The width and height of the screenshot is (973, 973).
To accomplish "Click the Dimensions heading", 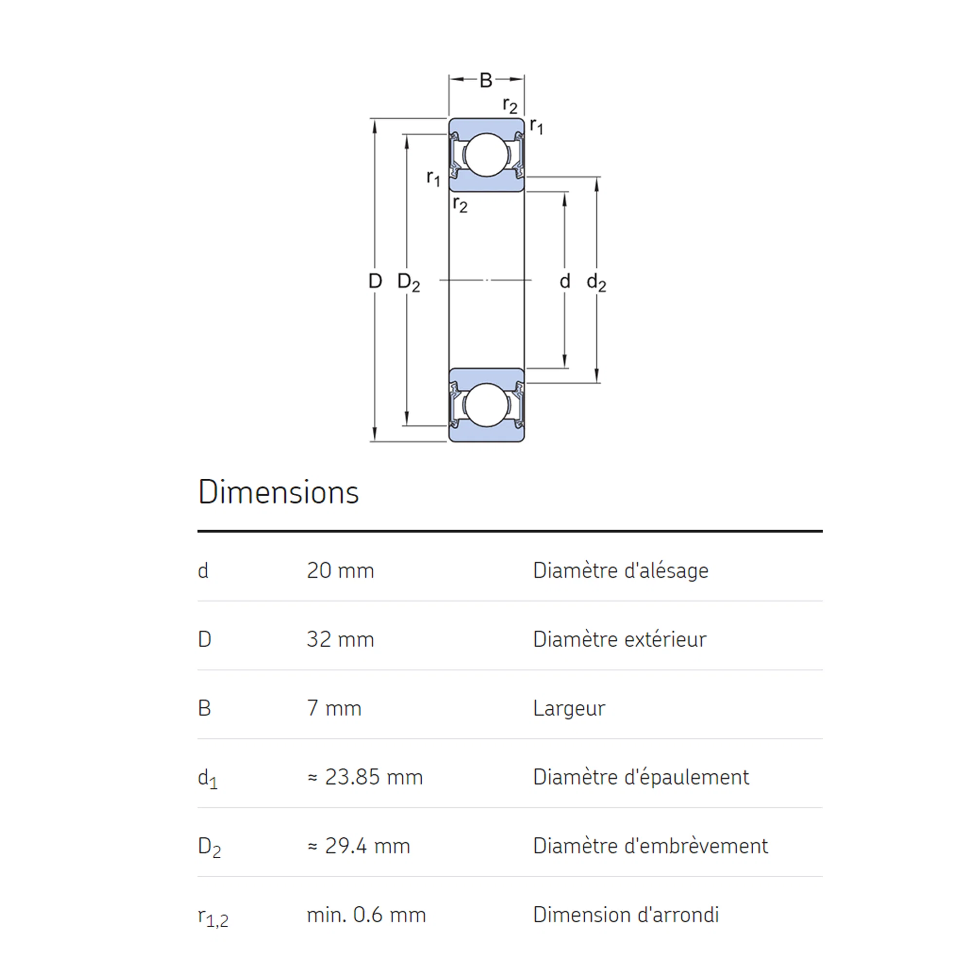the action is pos(278,492).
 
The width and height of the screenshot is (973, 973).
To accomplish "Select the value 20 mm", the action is pos(341,571).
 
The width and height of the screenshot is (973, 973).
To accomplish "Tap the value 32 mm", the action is pos(341,640).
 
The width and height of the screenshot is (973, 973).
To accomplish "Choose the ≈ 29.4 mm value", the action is pos(359,846).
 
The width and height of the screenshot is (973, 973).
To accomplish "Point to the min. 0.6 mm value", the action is pos(366,915).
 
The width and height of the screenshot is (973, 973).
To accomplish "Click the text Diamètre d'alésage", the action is pos(621,571).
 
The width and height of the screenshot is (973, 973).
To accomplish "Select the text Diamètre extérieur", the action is pos(620,640).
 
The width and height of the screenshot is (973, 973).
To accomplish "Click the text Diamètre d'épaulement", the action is pos(641,777).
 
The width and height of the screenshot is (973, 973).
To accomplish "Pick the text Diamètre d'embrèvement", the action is pos(650,846).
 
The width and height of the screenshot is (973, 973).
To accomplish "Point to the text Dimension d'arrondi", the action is pos(626,915).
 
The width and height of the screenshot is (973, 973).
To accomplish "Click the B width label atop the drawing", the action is pos(486,80).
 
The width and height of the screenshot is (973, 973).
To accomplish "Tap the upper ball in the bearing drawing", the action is pos(486,155).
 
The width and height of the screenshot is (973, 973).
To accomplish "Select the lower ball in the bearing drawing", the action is pos(486,405).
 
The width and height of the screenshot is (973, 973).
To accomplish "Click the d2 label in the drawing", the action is pos(597,283).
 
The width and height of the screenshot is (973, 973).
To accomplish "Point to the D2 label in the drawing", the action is pos(409,283).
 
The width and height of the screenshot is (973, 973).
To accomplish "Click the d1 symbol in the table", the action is pos(208,779).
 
